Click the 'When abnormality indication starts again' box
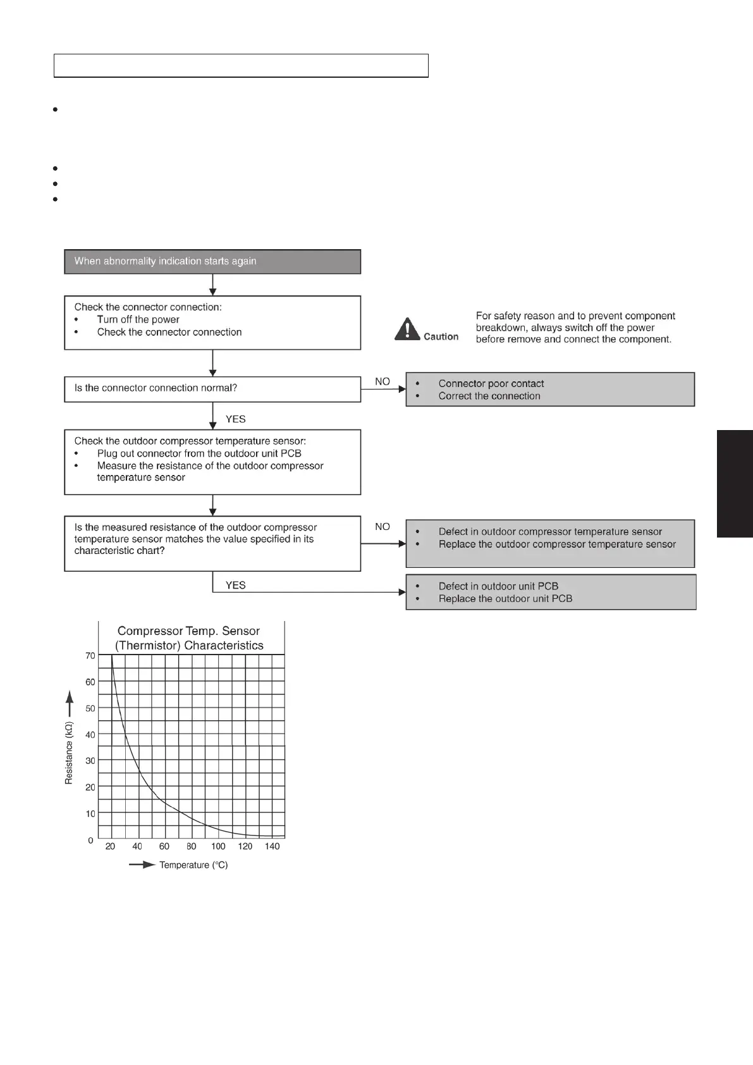212,261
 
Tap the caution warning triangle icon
408,329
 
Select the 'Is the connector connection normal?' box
212,389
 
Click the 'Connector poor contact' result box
550,389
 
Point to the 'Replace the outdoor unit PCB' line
505,599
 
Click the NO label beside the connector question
383,381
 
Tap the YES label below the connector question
236,419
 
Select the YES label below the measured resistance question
236,586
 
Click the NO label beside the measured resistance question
383,527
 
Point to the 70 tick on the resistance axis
90,656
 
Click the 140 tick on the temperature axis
272,846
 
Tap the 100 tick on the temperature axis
218,846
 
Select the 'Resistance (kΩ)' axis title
69,753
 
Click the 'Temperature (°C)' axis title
193,865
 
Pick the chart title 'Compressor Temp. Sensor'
188,631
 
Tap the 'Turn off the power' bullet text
138,320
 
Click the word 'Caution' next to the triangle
441,336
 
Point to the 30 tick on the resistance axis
90,761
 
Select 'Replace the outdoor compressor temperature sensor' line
557,545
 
